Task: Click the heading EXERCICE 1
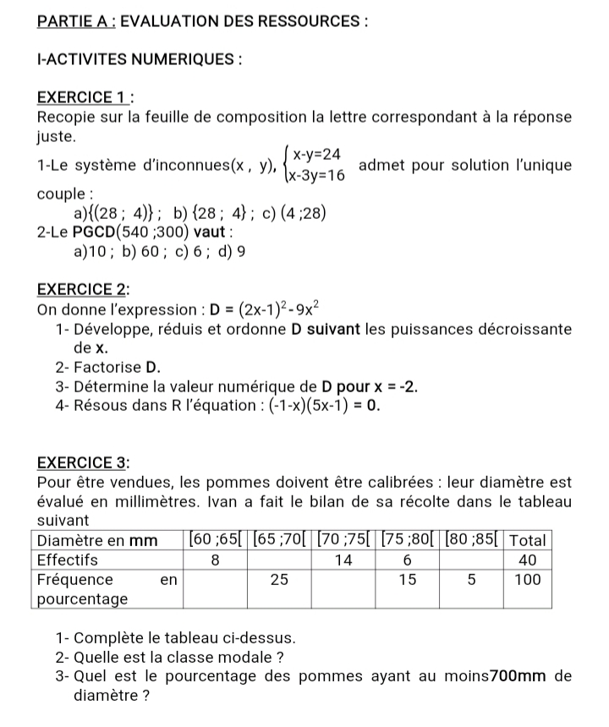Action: pyautogui.click(x=81, y=97)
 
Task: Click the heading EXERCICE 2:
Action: pyautogui.click(x=83, y=290)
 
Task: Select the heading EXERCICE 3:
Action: pyautogui.click(x=83, y=462)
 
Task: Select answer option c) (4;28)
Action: pyautogui.click(x=294, y=212)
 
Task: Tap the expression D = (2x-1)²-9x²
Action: pyautogui.click(x=248, y=309)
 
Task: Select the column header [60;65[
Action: pyautogui.click(x=215, y=539)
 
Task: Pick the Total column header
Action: pyautogui.click(x=529, y=539)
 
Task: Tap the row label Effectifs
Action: pyautogui.click(x=69, y=560)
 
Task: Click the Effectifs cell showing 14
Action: pyautogui.click(x=343, y=560)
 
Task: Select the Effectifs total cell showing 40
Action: pyautogui.click(x=529, y=560)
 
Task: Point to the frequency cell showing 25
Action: pyautogui.click(x=278, y=580)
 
